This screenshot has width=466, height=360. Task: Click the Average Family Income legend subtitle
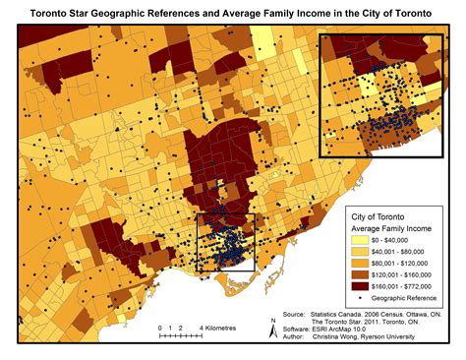[x=395, y=228]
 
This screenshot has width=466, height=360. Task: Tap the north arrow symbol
[x=272, y=328]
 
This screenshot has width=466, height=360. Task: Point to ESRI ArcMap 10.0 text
[x=341, y=327]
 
